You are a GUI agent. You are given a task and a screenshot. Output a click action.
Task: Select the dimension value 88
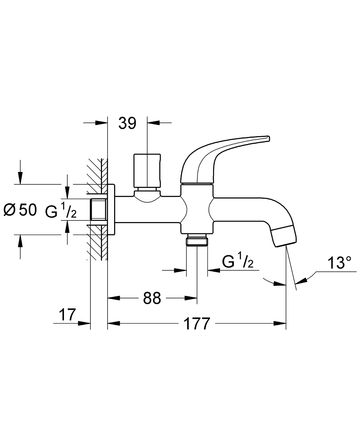tap(152, 298)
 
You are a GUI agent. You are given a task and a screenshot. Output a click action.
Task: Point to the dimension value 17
tap(68, 315)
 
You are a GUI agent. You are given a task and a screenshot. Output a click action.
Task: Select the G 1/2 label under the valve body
tap(237, 262)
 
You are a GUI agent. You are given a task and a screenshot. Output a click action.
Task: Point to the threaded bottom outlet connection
tap(197, 240)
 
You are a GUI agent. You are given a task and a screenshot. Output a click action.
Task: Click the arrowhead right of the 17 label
tap(85, 323)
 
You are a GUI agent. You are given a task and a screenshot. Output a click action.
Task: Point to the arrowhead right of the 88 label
tap(192, 298)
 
